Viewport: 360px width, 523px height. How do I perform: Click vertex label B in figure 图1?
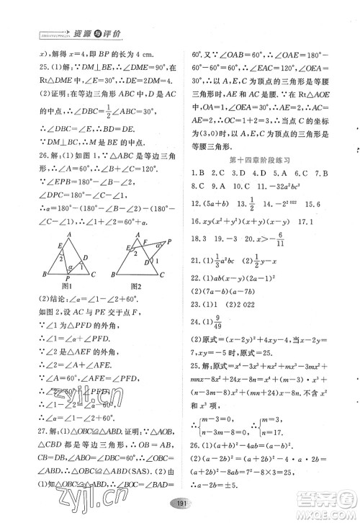[x=44, y=274]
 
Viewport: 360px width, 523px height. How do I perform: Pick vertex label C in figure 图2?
[x=166, y=274]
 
